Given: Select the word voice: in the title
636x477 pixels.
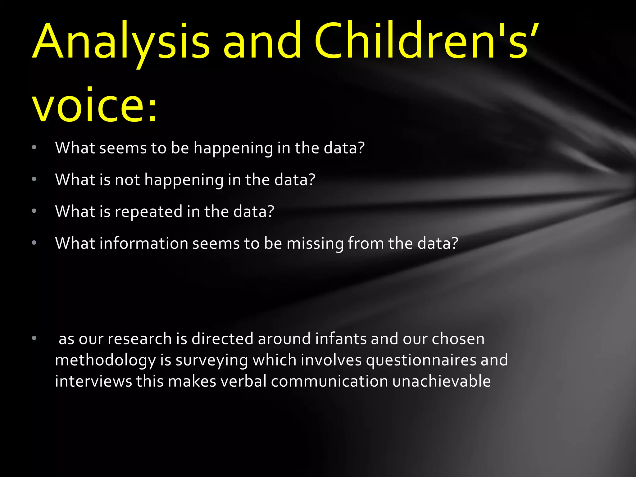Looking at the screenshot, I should (x=95, y=106).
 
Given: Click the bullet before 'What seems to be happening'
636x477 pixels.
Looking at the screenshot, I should (x=34, y=148).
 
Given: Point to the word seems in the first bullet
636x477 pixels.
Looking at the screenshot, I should (x=123, y=148).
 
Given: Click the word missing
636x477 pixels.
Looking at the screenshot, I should (x=315, y=244).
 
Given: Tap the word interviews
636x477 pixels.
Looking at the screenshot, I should (x=93, y=381).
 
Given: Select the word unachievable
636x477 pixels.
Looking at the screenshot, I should (x=441, y=381).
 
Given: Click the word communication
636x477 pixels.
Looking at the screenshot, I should (x=329, y=381).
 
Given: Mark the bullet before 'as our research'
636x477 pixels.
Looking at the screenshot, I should (x=34, y=338).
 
